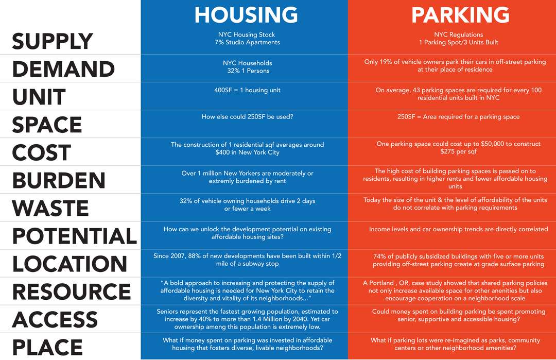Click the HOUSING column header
pos(246,15)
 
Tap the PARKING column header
pos(460,15)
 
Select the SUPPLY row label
pos(53,41)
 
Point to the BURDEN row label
pos(59,180)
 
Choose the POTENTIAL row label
pos(75,236)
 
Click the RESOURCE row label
pos(72,292)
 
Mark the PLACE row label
pos(47,347)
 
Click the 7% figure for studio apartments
pos(219,42)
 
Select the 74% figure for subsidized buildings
pos(379,256)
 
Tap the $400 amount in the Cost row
pos(222,152)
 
